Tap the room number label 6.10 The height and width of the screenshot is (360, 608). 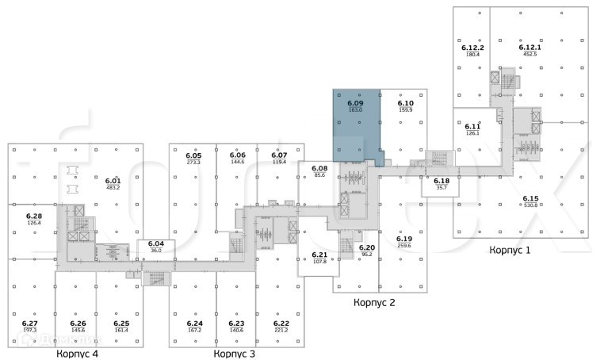[405, 103]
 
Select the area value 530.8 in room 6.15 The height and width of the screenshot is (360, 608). [530, 205]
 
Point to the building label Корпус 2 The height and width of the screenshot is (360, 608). [374, 302]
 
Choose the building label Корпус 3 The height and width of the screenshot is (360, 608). [235, 354]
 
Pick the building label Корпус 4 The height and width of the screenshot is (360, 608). [77, 354]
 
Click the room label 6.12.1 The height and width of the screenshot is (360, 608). [529, 48]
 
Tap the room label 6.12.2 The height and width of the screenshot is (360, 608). [473, 48]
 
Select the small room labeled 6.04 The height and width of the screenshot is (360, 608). [156, 247]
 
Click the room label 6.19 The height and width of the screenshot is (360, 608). [404, 239]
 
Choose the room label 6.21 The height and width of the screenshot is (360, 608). [319, 255]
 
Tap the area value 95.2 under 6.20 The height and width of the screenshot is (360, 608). [366, 255]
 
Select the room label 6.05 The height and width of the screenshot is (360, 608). [193, 155]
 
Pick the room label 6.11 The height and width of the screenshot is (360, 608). [473, 126]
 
